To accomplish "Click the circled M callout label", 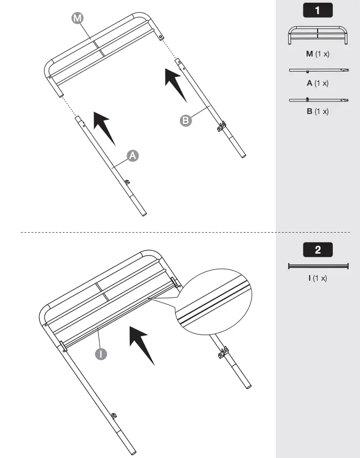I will click(77, 18).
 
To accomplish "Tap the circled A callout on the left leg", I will click(133, 155).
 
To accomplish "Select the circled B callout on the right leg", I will click(186, 121).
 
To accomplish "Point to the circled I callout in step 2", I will click(101, 354).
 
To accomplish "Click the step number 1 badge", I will click(318, 10).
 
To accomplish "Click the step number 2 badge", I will click(318, 249).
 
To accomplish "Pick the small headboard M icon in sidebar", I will click(318, 36).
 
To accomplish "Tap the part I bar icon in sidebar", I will click(318, 266).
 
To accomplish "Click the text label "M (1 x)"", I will click(318, 54).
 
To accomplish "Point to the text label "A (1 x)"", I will click(318, 83).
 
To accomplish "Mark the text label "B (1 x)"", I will click(318, 111).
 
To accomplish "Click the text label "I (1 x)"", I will click(318, 278).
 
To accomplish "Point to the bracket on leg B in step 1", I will click(222, 126).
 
